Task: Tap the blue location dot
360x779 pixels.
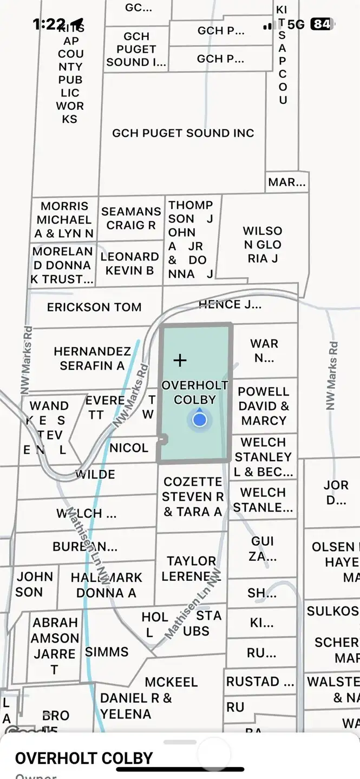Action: point(200,419)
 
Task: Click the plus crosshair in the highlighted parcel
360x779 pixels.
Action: point(180,360)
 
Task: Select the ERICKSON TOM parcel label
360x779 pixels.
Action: point(94,307)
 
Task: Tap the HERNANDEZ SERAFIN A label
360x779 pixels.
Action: point(92,358)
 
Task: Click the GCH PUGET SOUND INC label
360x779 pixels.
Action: point(183,133)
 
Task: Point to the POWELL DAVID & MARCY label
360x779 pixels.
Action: point(264,405)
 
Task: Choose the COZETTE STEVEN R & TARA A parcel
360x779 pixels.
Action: point(193,496)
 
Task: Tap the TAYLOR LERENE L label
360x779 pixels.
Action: point(191,568)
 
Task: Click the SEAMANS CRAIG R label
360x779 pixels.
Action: point(131,218)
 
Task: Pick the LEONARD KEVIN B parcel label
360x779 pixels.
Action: point(130,263)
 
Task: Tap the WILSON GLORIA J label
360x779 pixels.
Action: point(263,245)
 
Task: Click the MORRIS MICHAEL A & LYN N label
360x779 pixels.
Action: point(64,220)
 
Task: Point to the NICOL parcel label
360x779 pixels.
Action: point(129,448)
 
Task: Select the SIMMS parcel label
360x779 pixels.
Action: point(107,652)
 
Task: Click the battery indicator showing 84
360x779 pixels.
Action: point(322,24)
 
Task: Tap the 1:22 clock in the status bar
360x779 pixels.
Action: point(49,24)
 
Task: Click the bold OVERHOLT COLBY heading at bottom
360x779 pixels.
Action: point(84,758)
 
